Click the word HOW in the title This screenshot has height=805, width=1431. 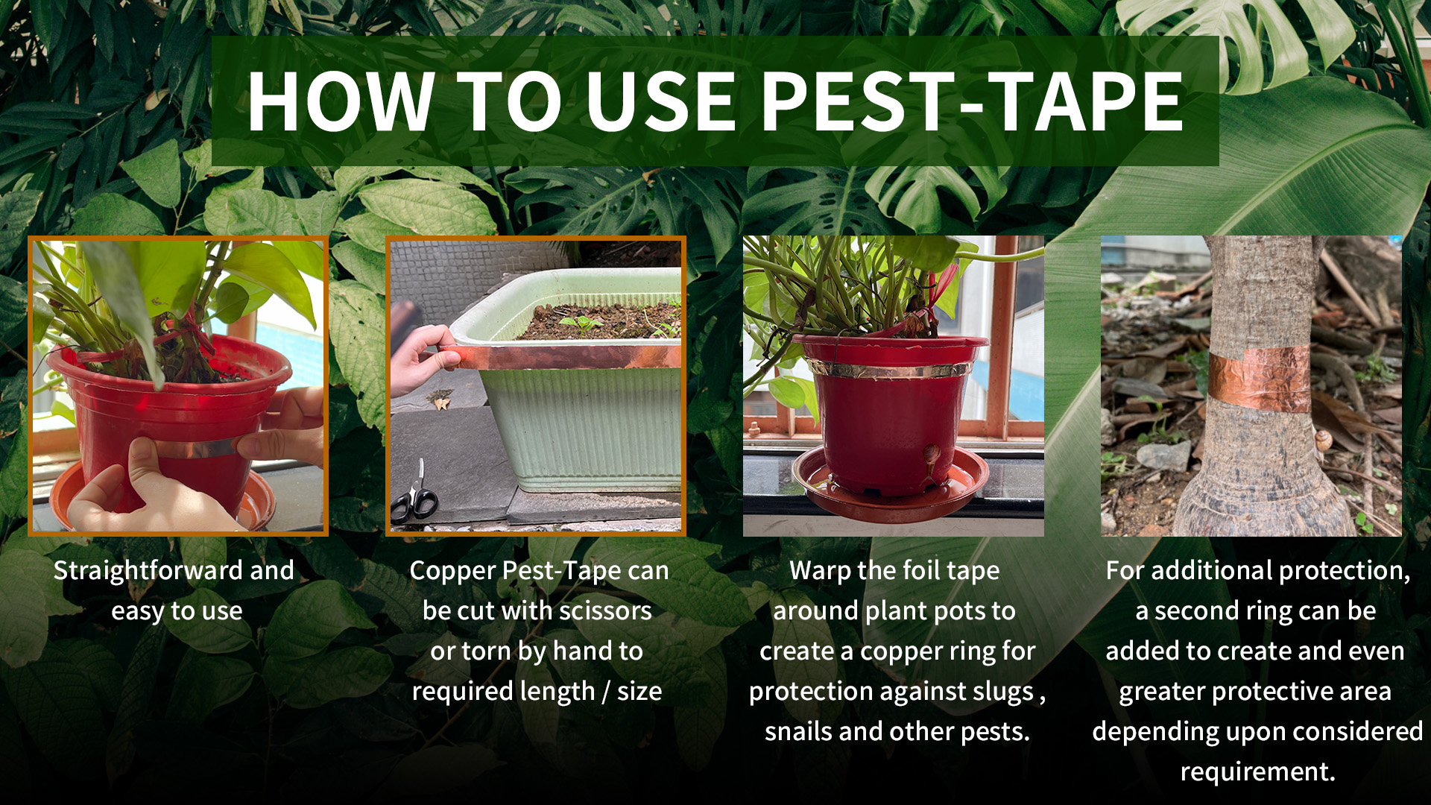point(341,101)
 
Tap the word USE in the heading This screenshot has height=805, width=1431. point(661,101)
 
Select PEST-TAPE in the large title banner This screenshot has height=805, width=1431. point(972,101)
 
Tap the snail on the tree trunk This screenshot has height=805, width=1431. point(1324,439)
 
